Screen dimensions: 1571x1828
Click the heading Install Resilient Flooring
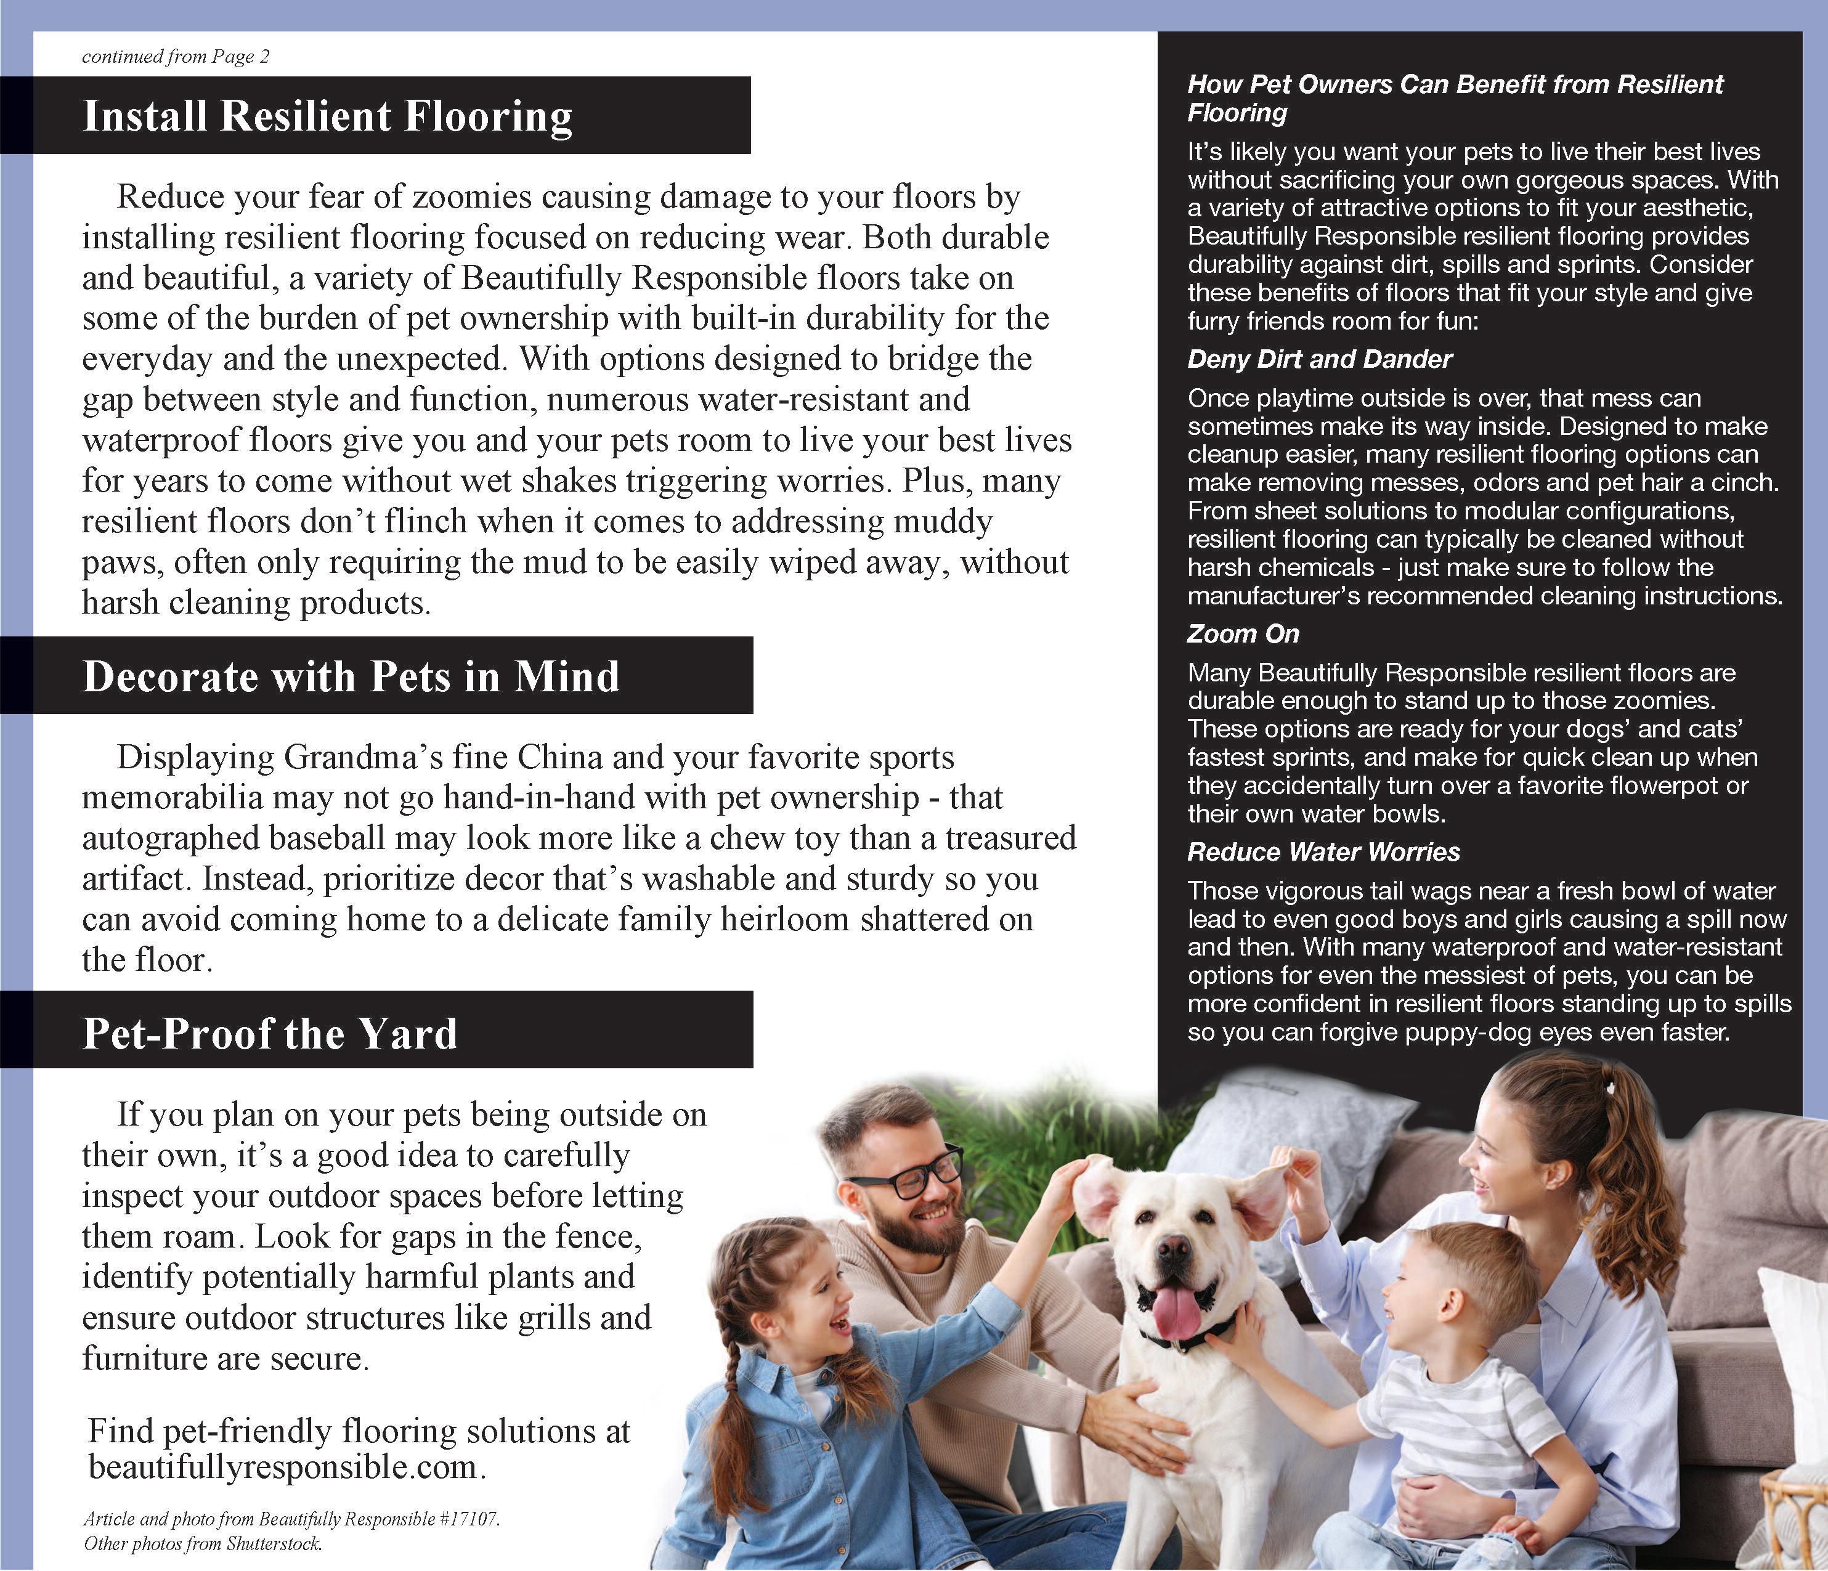click(x=327, y=116)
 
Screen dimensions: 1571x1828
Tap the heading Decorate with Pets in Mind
click(x=351, y=676)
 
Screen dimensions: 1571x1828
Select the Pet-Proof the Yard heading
click(x=270, y=1033)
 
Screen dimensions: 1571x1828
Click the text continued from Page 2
click(x=176, y=57)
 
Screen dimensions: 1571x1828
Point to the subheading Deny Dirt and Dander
click(x=1319, y=359)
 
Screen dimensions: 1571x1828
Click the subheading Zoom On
click(x=1243, y=633)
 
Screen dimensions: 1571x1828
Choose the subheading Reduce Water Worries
click(x=1323, y=851)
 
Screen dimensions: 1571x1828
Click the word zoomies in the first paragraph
click(x=471, y=197)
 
